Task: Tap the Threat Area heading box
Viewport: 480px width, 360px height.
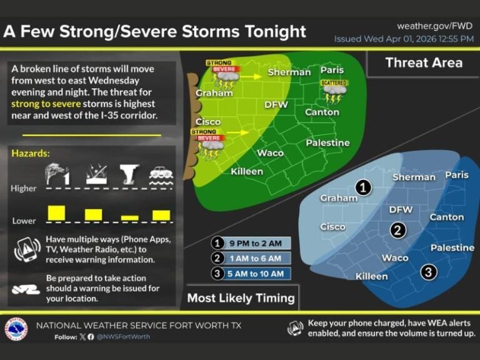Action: coord(423,62)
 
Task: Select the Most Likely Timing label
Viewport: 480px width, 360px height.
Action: coord(241,297)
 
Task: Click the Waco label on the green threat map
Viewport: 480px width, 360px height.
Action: coord(270,152)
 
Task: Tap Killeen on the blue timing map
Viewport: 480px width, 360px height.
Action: coord(371,276)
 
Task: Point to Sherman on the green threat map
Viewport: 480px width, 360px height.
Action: coord(289,72)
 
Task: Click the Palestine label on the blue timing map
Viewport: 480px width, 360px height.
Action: coord(452,247)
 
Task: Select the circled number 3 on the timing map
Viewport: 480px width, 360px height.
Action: coord(427,271)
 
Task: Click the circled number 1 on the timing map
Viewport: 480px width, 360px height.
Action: coord(363,186)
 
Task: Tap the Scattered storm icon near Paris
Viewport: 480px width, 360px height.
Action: coord(336,91)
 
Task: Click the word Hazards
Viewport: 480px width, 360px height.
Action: coord(31,153)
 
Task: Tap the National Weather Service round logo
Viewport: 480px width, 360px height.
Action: coord(16,329)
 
